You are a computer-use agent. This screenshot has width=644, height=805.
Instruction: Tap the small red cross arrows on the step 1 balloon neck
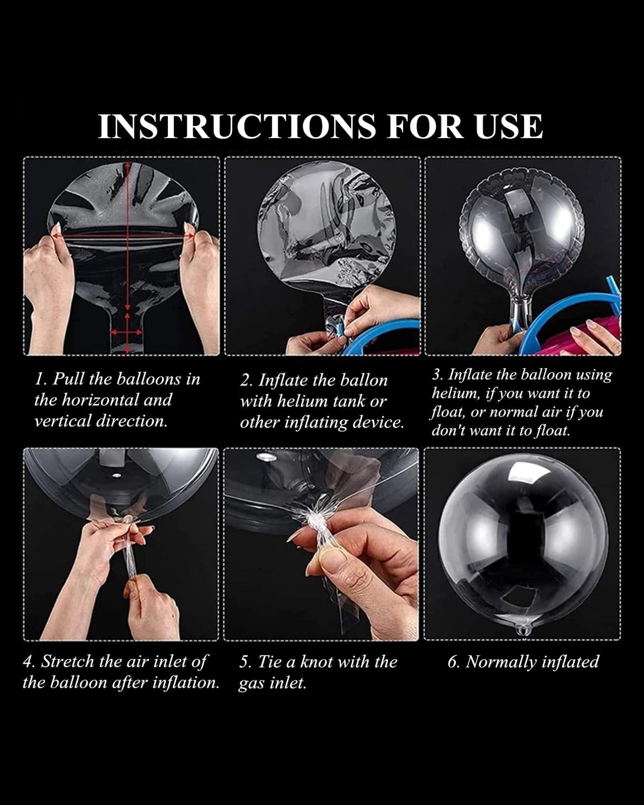coord(127,332)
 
